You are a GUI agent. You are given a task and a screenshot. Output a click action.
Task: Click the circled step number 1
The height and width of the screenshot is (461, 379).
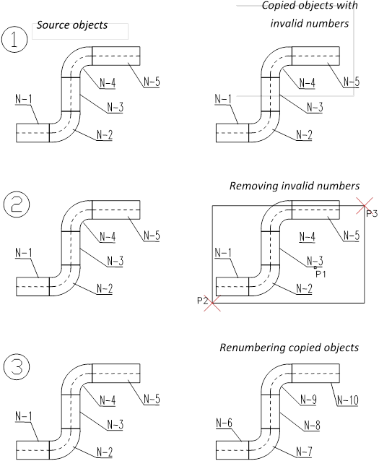pos(14,40)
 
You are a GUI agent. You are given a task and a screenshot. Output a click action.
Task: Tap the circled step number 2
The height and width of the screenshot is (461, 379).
pos(17,204)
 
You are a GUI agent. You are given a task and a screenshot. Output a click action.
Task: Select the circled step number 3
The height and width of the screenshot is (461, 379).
pos(17,367)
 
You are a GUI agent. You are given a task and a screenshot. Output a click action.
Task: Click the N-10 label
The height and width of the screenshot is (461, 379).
pos(348,400)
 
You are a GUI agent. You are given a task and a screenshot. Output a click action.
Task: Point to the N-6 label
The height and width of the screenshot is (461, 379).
pos(224,423)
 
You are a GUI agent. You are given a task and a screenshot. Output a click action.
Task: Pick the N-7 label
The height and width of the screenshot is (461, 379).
pos(304,452)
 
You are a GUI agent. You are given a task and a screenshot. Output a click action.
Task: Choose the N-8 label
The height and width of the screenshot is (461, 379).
pos(312,425)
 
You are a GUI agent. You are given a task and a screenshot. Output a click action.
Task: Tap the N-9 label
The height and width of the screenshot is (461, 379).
pos(308,400)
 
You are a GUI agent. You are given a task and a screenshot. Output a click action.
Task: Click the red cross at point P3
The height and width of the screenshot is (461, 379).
pos(365,205)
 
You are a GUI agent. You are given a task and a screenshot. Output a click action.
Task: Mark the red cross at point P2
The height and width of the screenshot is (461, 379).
pos(212,303)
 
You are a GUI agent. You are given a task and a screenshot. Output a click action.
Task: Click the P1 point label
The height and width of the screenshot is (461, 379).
pos(321,275)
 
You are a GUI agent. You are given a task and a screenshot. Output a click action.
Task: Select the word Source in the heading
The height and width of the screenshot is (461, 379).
pos(53,25)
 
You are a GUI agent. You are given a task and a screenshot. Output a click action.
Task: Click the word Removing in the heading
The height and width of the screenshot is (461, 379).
pos(254,186)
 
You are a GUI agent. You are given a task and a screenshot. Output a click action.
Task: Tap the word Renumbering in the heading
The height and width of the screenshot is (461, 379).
pos(253,348)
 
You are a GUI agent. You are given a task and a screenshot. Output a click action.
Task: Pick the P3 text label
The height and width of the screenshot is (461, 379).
pos(372,214)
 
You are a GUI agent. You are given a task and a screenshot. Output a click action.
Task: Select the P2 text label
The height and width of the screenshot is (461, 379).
pos(202,301)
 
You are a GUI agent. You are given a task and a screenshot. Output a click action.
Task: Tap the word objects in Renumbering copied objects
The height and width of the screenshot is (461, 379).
pos(341,348)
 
